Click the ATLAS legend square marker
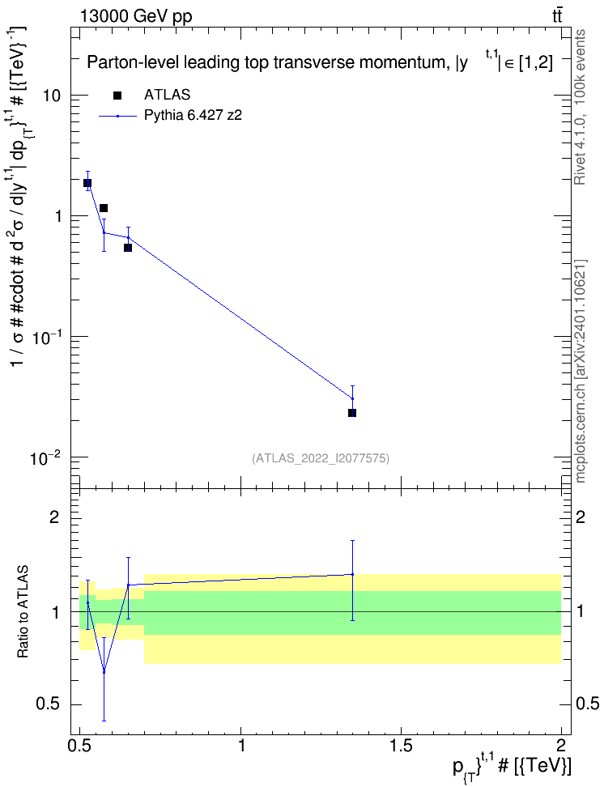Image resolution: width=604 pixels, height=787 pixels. coord(117,96)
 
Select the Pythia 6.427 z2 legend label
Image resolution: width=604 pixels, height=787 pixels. coord(193,116)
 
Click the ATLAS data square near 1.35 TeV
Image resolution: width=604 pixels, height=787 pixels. coord(352,413)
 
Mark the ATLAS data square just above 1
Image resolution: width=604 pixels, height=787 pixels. coord(104,208)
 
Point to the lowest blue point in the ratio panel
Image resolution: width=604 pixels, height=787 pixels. coord(104,671)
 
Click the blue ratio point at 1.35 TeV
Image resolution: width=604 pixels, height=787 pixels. coord(352,574)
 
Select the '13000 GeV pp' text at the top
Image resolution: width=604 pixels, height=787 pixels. coord(135,17)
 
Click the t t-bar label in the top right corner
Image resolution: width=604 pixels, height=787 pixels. coord(557,16)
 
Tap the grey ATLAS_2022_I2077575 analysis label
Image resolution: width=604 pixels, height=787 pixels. coord(321,458)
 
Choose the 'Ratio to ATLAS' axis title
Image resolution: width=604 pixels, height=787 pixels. coord(23,611)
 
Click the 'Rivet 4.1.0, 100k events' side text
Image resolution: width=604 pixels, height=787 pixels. coord(580,108)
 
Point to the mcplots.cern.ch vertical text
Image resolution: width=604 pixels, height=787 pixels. coord(580,371)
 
